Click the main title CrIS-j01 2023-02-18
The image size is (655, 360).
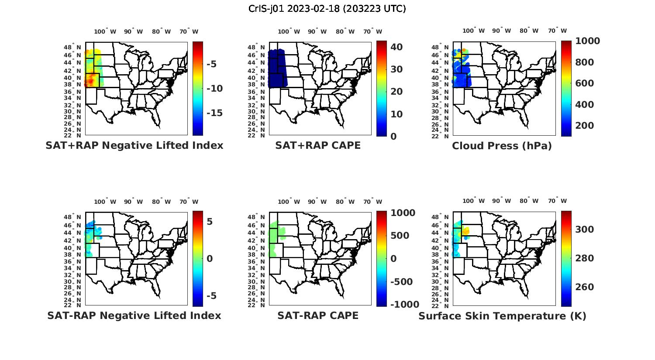point(327,9)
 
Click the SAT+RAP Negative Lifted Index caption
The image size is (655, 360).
point(134,146)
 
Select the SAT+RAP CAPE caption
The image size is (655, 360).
point(318,146)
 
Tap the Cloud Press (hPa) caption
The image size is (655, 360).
point(502,146)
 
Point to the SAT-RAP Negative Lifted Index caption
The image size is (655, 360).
point(134,315)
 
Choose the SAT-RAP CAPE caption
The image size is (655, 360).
point(318,315)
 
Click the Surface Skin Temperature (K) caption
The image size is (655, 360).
point(502,316)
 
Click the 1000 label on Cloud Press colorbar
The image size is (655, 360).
point(587,41)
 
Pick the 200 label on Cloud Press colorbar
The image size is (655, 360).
point(585,126)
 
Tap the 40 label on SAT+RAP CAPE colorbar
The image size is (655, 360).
point(396,47)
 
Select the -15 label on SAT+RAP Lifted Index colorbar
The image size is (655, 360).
point(214,113)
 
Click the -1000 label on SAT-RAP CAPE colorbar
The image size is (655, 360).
point(404,305)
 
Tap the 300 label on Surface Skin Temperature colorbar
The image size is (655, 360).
point(585,230)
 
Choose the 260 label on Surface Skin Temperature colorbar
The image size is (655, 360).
point(585,287)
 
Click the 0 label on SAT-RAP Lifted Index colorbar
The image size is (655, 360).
point(210,259)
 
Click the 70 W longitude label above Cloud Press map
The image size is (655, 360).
point(557,31)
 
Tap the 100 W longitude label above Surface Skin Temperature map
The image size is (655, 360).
point(474,201)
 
